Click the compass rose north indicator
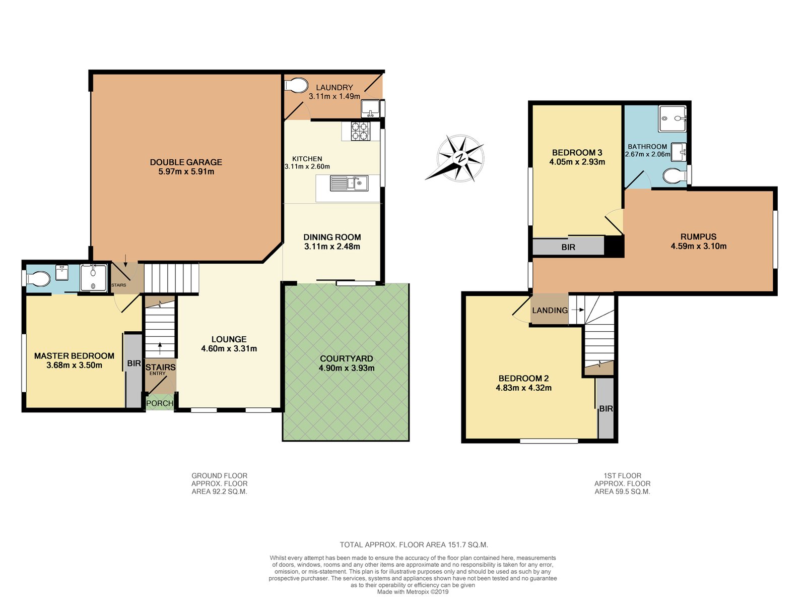pyautogui.click(x=460, y=158)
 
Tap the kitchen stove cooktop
pyautogui.click(x=360, y=131)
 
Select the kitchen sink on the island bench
pyautogui.click(x=349, y=183)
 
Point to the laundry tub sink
pyautogui.click(x=370, y=108)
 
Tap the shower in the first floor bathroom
pyautogui.click(x=672, y=118)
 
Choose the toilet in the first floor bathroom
pyautogui.click(x=675, y=175)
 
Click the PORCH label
pyautogui.click(x=160, y=403)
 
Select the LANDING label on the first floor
pyautogui.click(x=550, y=311)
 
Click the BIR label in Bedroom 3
pyautogui.click(x=568, y=247)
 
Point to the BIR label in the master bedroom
pyautogui.click(x=134, y=364)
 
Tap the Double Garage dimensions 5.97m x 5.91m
pyautogui.click(x=186, y=171)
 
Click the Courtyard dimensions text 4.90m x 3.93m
pyautogui.click(x=347, y=368)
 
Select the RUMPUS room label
pyautogui.click(x=698, y=236)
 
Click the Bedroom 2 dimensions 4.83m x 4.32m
pyautogui.click(x=523, y=388)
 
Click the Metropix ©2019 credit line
pyautogui.click(x=413, y=592)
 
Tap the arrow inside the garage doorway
pyautogui.click(x=125, y=260)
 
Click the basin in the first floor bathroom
pyautogui.click(x=679, y=152)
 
